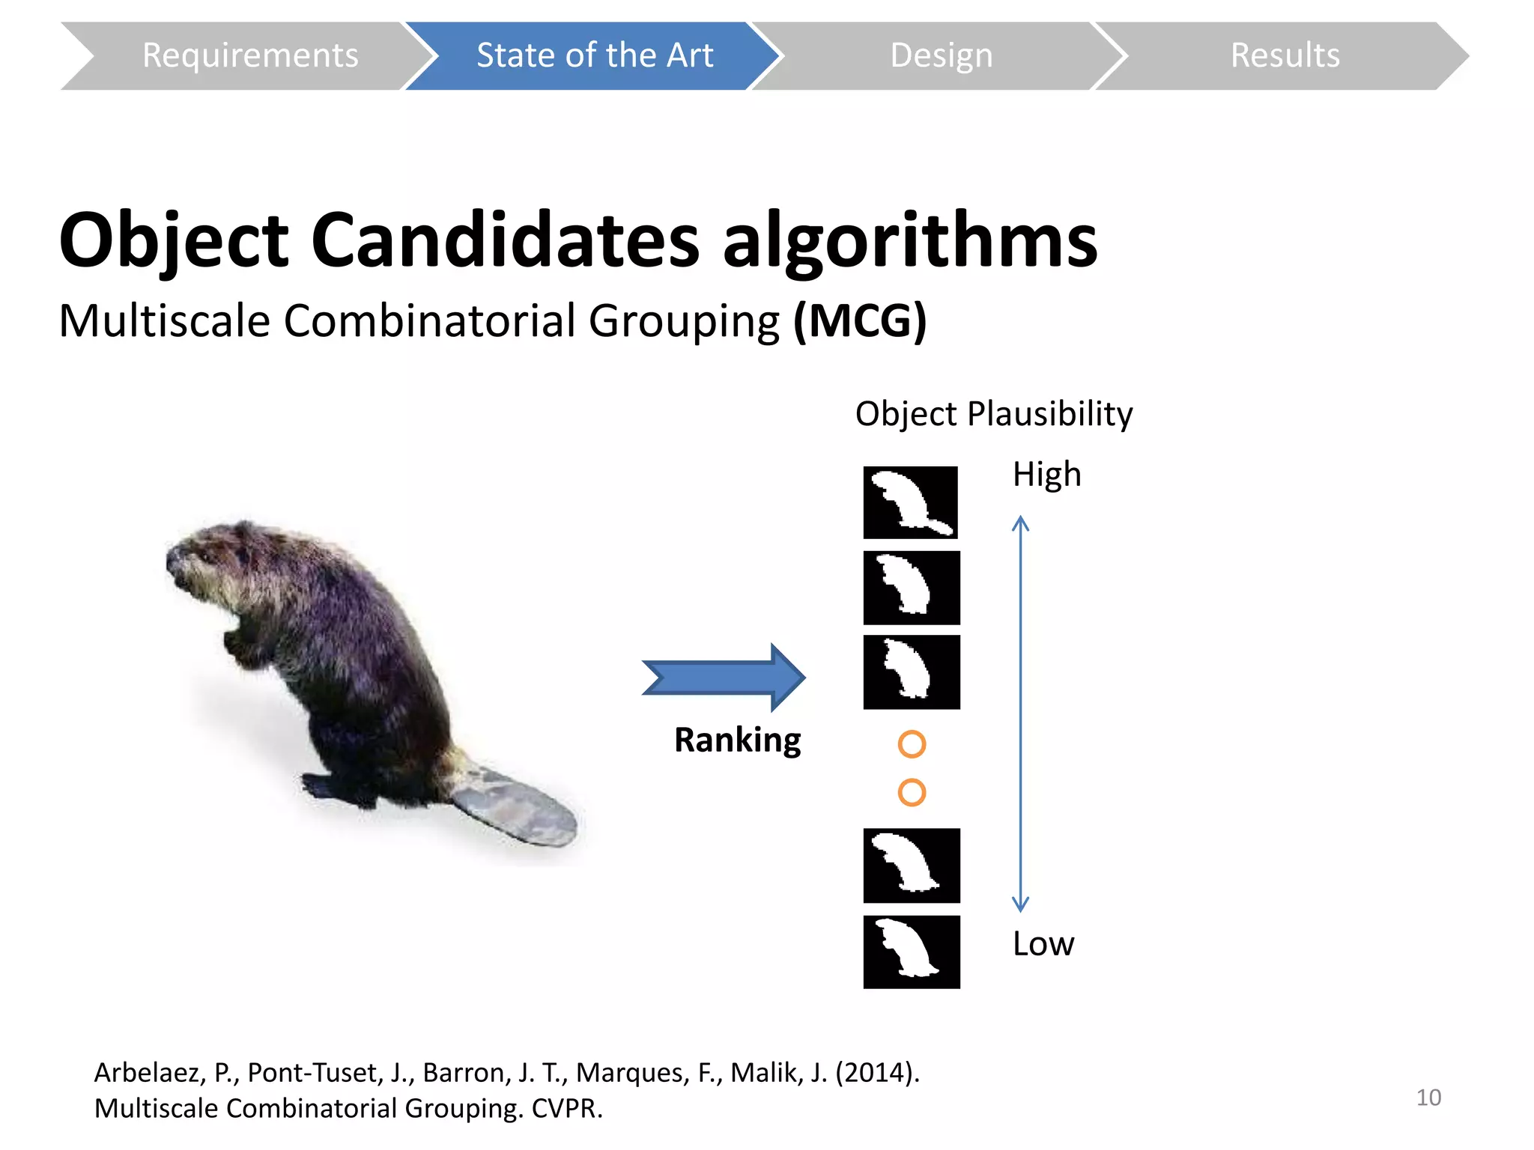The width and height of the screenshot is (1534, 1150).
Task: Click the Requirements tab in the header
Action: (249, 55)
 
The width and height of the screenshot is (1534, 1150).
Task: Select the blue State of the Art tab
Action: (594, 55)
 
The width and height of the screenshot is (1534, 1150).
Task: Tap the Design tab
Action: (941, 55)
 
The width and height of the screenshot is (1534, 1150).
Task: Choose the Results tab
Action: (1285, 55)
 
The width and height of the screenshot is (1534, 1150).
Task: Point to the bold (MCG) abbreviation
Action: (860, 321)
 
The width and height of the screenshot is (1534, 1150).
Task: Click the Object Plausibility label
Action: (993, 413)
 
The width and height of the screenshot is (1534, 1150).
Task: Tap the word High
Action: (1046, 474)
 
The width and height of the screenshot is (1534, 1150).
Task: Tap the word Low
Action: (1043, 943)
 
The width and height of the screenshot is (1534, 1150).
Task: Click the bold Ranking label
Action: (737, 740)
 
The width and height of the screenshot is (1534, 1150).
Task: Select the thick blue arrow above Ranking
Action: (724, 677)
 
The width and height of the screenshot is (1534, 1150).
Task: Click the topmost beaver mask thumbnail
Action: (910, 502)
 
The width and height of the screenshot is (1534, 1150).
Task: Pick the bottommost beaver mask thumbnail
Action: (911, 952)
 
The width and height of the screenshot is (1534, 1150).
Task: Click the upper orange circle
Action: (912, 744)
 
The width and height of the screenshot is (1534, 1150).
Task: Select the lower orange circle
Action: (912, 792)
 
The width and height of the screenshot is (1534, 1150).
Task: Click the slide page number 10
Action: (1428, 1098)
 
